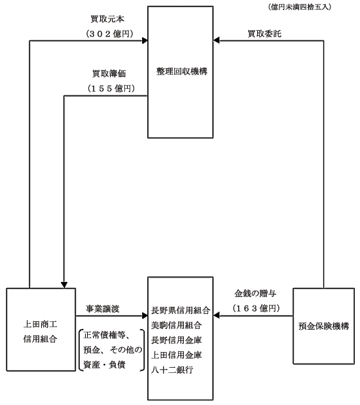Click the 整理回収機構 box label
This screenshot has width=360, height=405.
tap(182, 71)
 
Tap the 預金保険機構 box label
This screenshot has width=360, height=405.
tap(323, 326)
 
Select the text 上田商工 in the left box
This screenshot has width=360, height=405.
tap(40, 324)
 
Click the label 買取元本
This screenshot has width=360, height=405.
tap(107, 19)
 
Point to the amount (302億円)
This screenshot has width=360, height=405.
tap(109, 33)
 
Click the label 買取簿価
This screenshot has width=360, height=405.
tap(109, 74)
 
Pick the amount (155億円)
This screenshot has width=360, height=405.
tap(111, 88)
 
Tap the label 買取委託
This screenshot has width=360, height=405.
tap(264, 33)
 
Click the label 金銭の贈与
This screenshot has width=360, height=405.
tap(255, 293)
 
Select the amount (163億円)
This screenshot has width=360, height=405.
tap(257, 308)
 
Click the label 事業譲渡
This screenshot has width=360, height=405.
tap(103, 309)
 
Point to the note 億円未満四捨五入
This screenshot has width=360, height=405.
tap(300, 7)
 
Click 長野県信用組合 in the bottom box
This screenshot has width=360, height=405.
tap(181, 310)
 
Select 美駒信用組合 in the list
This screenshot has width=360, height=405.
tap(176, 325)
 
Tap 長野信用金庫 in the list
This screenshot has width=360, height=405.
tap(176, 340)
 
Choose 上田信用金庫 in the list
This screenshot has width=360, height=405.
tap(176, 355)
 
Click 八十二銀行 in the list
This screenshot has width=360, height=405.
tap(172, 370)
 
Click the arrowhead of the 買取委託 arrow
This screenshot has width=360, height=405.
tap(216, 41)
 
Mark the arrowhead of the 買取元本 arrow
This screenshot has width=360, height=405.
tap(145, 41)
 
